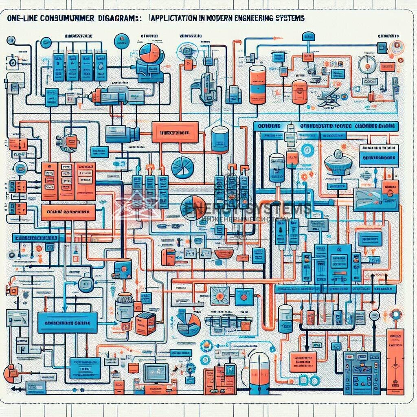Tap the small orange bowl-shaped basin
pyautogui.click(x=224, y=253)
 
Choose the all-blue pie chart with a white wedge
pyautogui.click(x=182, y=168)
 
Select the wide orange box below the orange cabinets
pyautogui.click(x=68, y=213)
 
